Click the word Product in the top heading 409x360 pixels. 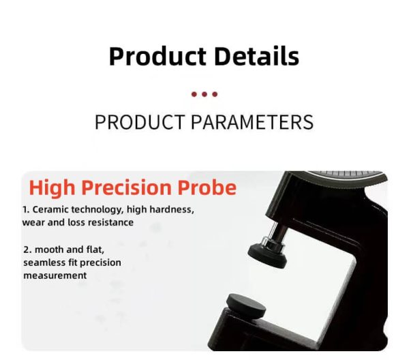click(x=156, y=56)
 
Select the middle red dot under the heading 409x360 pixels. click(x=204, y=94)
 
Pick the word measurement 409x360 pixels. click(x=55, y=275)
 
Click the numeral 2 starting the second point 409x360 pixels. click(x=25, y=250)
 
